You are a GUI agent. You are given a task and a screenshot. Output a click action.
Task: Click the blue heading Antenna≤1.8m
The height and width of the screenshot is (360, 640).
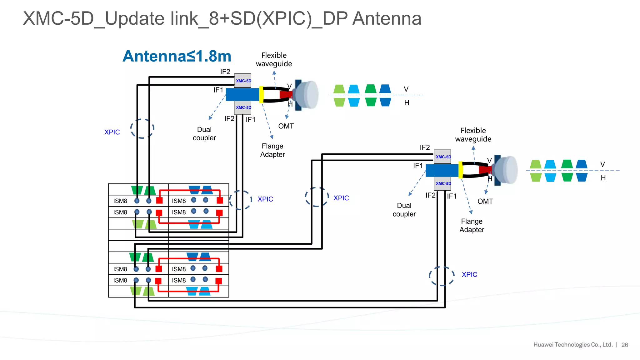177,56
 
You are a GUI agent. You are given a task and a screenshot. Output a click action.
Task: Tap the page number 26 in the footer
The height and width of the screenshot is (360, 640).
624,345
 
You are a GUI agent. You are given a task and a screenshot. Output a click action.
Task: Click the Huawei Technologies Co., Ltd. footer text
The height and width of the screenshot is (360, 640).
573,345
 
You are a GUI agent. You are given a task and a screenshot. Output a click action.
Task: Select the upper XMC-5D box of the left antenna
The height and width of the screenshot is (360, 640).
243,81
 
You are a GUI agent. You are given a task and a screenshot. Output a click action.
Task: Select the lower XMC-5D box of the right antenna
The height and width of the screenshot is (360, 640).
442,183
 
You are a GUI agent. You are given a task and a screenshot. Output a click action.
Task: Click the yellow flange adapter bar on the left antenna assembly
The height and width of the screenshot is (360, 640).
261,94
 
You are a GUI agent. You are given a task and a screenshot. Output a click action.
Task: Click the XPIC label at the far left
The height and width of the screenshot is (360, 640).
112,132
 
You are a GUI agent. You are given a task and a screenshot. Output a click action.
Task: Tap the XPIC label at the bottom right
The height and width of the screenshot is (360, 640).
469,274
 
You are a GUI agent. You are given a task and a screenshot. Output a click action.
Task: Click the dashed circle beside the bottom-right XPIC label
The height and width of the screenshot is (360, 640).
442,276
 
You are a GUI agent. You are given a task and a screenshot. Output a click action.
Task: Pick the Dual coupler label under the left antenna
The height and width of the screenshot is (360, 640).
204,134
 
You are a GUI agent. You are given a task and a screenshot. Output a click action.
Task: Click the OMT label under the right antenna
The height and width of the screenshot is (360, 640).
485,202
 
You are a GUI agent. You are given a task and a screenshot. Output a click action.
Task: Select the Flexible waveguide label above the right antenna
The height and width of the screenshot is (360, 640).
473,135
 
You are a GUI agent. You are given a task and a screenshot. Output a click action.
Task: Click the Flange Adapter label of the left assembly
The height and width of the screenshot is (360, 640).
272,150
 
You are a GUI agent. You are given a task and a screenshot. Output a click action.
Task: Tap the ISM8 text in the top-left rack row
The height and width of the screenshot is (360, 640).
120,201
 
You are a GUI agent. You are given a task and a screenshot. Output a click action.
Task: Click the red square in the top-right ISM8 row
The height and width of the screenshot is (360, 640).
220,200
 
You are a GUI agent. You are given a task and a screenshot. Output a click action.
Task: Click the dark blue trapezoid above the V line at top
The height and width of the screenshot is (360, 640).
385,89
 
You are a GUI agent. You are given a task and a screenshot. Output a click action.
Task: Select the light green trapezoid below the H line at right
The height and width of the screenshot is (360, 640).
536,177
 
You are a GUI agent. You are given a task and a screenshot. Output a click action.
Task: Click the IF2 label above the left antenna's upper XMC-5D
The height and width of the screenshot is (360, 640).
225,72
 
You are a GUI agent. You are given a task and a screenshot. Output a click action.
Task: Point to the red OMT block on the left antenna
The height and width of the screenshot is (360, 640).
285,94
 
